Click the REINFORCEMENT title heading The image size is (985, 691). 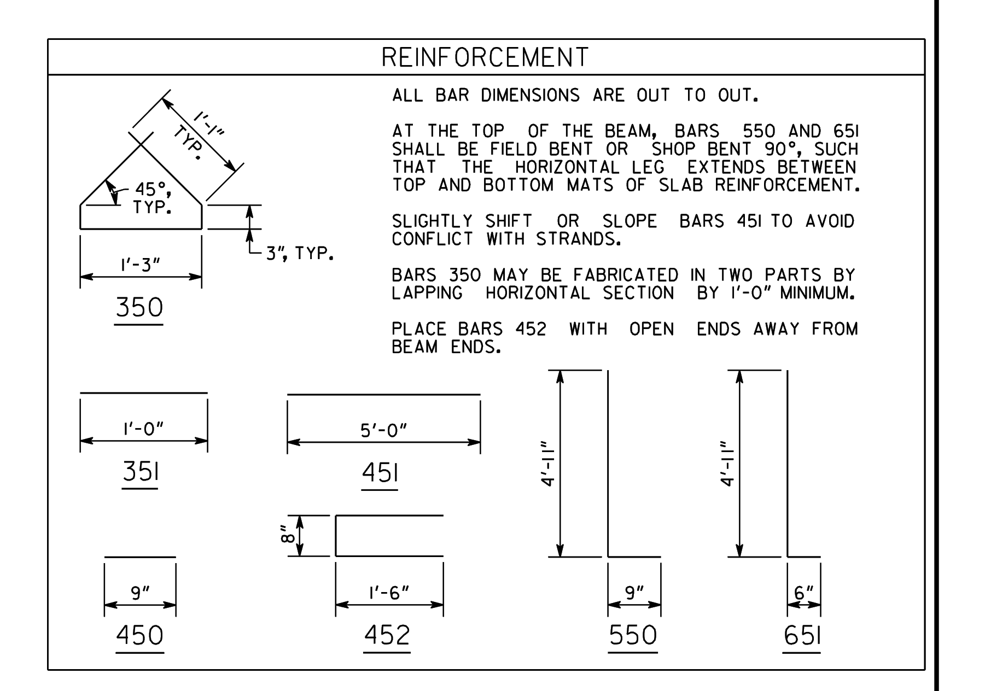pyautogui.click(x=485, y=57)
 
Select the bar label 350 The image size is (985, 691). pyautogui.click(x=139, y=307)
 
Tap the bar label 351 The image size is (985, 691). pyautogui.click(x=141, y=471)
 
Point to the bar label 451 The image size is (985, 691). pyautogui.click(x=380, y=473)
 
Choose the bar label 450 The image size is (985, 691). pyautogui.click(x=139, y=635)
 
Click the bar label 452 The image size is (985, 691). pyautogui.click(x=387, y=635)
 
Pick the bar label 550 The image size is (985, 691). pyautogui.click(x=633, y=635)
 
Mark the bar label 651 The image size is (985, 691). pyautogui.click(x=802, y=635)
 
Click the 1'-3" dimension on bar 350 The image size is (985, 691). pyautogui.click(x=141, y=265)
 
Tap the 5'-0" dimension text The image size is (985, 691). pyautogui.click(x=383, y=431)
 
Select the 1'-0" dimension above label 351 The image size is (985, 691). pyautogui.click(x=143, y=429)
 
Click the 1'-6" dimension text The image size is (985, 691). pyautogui.click(x=389, y=593)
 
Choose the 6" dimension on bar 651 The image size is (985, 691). pyautogui.click(x=804, y=593)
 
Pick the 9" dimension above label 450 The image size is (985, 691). pyautogui.click(x=140, y=593)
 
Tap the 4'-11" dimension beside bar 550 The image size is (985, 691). pyautogui.click(x=549, y=464)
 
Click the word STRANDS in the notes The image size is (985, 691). pyautogui.click(x=578, y=239)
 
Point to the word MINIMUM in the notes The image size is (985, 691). pyautogui.click(x=817, y=293)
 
